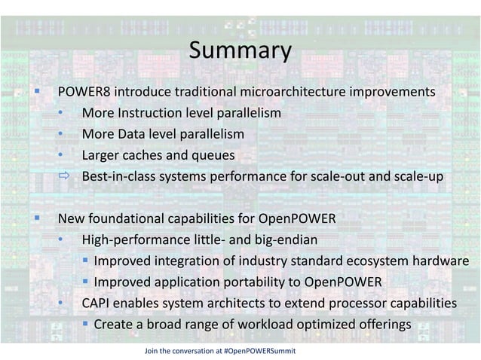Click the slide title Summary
(240, 51)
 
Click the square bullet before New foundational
(35, 219)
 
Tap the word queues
(214, 155)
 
